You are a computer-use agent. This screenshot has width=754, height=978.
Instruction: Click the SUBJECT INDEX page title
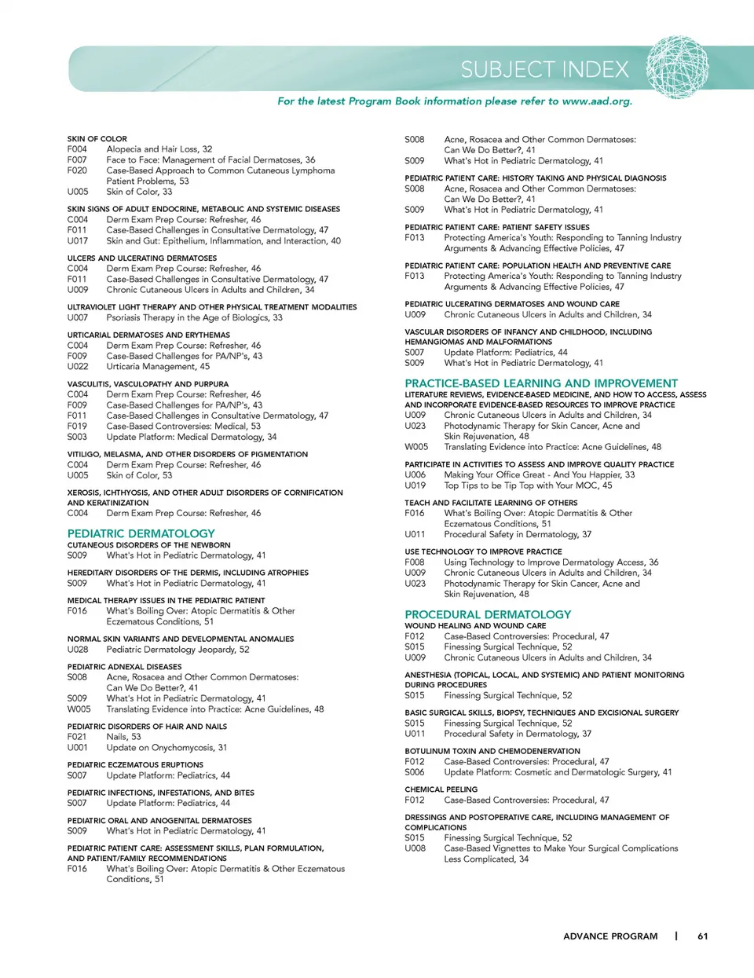coord(544,70)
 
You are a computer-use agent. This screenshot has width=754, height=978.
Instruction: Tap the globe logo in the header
coord(677,68)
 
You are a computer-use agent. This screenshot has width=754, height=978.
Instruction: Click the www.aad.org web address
coord(597,101)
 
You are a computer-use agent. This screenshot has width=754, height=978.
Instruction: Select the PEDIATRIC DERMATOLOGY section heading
coord(141,533)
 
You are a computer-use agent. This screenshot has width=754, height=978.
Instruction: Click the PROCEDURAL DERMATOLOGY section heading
coord(488,614)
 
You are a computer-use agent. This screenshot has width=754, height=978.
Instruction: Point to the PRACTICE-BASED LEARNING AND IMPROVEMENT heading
coord(541,383)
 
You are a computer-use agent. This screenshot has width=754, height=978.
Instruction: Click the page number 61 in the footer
coord(702,936)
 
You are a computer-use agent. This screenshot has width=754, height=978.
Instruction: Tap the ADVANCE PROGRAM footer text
coord(610,936)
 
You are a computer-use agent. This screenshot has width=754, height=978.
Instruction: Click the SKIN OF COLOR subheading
coord(97,139)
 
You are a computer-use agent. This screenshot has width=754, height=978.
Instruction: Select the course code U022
coord(78,367)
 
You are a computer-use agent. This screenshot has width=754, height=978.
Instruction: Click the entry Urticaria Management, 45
coord(158,367)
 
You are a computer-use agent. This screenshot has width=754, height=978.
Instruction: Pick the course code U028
coord(78,650)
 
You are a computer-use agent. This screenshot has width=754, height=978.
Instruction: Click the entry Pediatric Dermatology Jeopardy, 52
coord(178,650)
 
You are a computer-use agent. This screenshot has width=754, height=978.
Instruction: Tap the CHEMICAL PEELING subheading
coord(441,789)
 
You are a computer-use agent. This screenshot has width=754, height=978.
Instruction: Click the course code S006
coord(415,772)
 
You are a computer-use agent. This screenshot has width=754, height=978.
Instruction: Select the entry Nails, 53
coord(123,737)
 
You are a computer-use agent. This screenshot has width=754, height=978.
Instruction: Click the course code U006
coord(415,474)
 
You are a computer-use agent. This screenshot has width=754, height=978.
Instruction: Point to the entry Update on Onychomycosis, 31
coord(167,748)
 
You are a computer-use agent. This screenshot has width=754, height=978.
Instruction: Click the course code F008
coord(415,562)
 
